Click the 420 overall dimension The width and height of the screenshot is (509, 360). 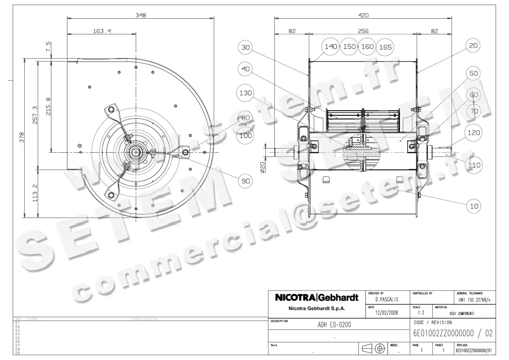pos(363,15)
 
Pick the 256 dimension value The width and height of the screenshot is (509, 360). pos(363,31)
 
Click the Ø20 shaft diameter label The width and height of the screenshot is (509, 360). pos(263,167)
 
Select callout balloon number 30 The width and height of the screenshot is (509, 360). pos(246,48)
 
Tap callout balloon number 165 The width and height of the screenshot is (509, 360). pos(385,47)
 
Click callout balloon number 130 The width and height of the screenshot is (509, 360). pos(246,93)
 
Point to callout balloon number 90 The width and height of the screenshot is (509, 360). pos(246,181)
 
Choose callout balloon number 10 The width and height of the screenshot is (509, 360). pos(474,206)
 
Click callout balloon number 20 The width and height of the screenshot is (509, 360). pos(474,45)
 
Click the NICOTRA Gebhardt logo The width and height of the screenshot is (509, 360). pos(317,298)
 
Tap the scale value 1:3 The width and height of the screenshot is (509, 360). pos(421,313)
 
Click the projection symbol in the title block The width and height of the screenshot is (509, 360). pos(373,349)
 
